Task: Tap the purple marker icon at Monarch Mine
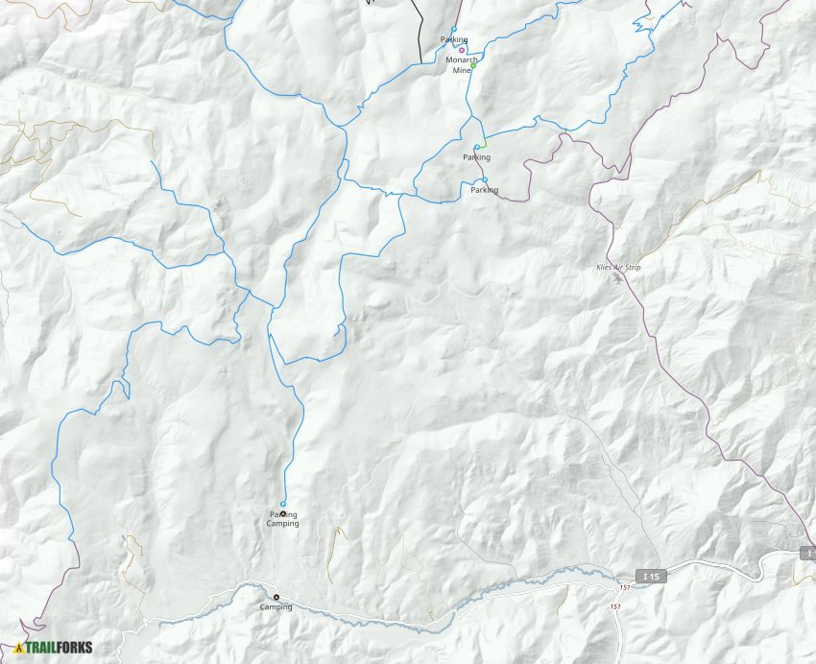462,50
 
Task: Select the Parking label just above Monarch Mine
454,39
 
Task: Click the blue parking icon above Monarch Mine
454,29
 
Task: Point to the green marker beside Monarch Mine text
473,66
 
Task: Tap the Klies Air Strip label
619,268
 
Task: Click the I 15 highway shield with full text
652,576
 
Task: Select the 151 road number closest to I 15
626,587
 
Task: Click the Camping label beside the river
276,607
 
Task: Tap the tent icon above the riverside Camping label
276,597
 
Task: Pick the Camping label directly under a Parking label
282,524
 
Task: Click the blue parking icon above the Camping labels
283,504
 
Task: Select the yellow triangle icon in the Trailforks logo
19,648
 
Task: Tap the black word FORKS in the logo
74,648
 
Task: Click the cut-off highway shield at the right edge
807,554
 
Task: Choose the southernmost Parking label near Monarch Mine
484,190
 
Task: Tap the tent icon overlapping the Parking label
282,514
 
